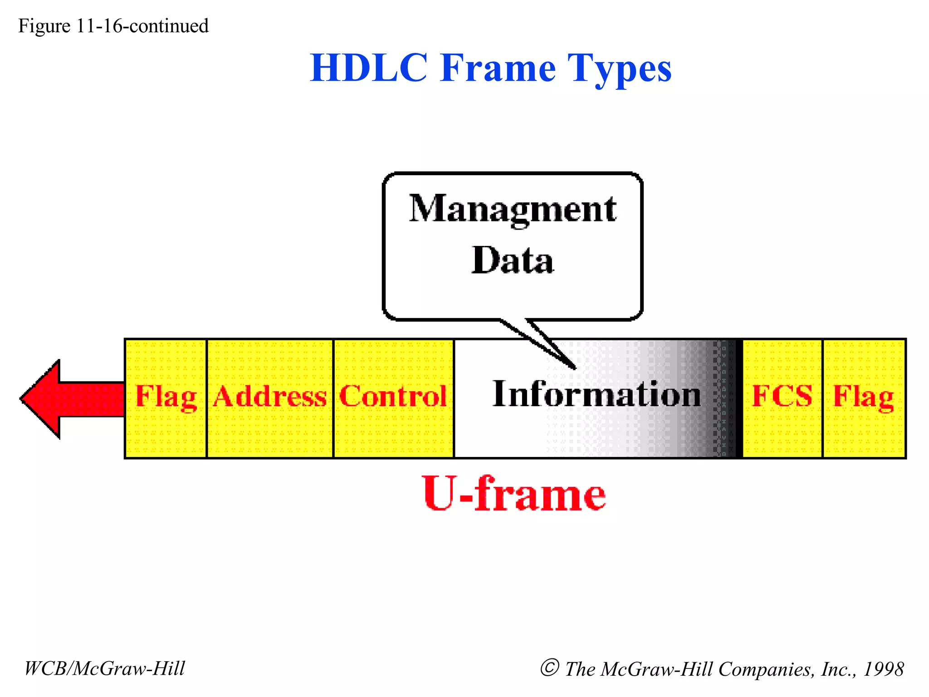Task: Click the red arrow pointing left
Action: [68, 399]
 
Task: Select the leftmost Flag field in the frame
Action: [166, 398]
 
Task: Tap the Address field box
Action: [270, 398]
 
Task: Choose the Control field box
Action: [393, 398]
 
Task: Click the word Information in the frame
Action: [597, 394]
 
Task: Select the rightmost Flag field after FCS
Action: [864, 398]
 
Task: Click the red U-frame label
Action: [514, 494]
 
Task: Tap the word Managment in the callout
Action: [513, 209]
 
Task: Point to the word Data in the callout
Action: [513, 260]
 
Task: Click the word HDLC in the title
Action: [369, 68]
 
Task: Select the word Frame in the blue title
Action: [498, 68]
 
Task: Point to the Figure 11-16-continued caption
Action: [113, 26]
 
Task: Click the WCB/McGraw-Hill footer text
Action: [104, 668]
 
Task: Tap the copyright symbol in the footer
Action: [549, 668]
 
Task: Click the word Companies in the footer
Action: [767, 669]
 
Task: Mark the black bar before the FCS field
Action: [738, 398]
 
